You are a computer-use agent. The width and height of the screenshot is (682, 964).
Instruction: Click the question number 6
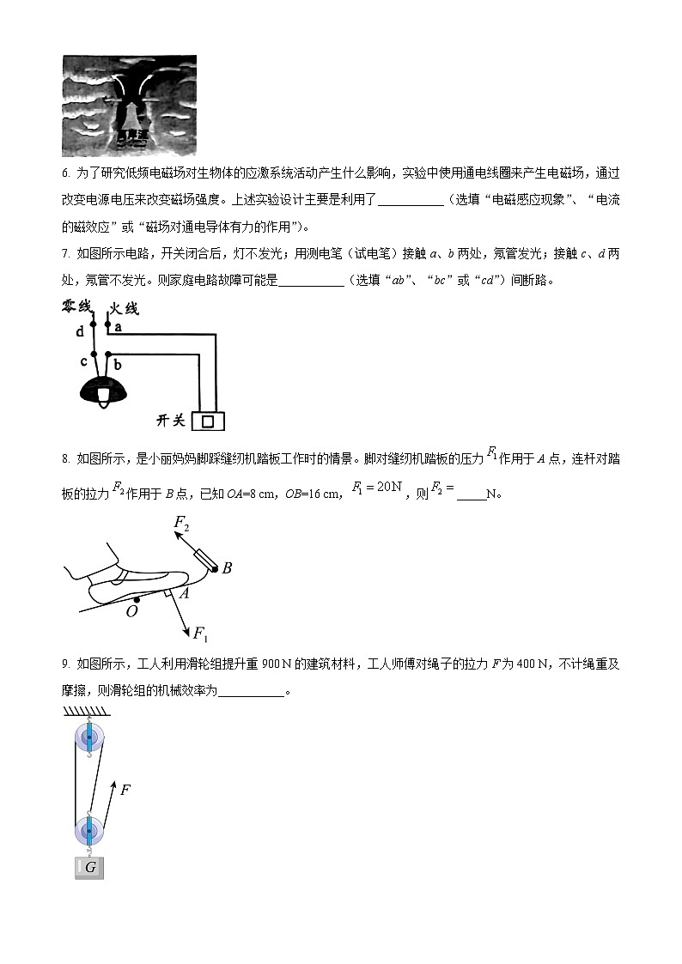(65, 173)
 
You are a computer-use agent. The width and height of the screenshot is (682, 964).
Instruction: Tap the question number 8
(65, 459)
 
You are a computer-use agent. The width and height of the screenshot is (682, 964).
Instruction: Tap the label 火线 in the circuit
(123, 309)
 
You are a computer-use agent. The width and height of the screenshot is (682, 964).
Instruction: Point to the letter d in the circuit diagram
(80, 330)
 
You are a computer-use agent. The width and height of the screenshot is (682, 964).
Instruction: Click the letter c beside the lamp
(83, 361)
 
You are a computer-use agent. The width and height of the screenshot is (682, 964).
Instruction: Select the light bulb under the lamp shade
(104, 395)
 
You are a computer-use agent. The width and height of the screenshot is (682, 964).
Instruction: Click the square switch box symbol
(208, 421)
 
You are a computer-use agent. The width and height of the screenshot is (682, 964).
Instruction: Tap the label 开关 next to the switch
(171, 421)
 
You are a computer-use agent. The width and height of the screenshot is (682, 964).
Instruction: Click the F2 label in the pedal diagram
(181, 522)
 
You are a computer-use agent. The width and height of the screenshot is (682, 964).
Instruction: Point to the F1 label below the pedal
(200, 634)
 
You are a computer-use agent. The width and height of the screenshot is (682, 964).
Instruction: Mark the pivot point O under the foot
(131, 611)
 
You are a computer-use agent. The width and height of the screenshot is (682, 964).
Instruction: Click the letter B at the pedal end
(227, 568)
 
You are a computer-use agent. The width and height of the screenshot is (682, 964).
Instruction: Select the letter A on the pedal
(184, 591)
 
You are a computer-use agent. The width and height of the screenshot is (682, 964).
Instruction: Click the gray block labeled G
(89, 868)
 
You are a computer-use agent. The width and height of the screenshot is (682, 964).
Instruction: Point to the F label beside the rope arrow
(125, 790)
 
